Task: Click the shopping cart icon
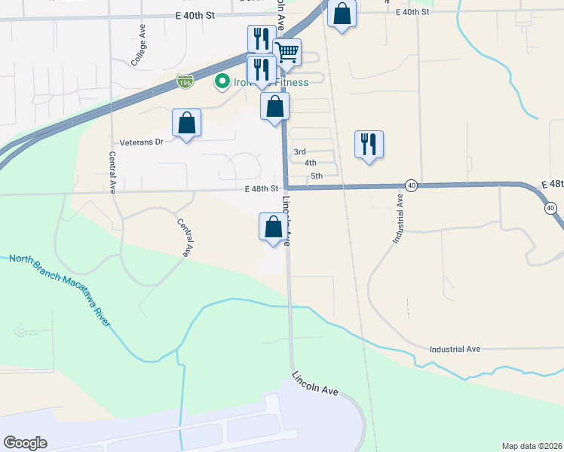pos(287,52)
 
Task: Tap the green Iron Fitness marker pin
pos(222,82)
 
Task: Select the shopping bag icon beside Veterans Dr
pos(186,123)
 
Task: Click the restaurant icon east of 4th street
pos(369,143)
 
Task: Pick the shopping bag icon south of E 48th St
pos(273,227)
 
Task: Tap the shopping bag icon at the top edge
pos(342,14)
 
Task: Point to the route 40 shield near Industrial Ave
pos(411,185)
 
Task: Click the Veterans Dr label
pos(142,142)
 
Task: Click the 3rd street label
pos(299,151)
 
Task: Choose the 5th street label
pos(317,176)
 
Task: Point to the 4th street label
pos(311,163)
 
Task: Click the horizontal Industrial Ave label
pos(455,350)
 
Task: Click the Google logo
pos(25,443)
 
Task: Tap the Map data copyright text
pos(532,446)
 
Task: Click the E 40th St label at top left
pos(195,15)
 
